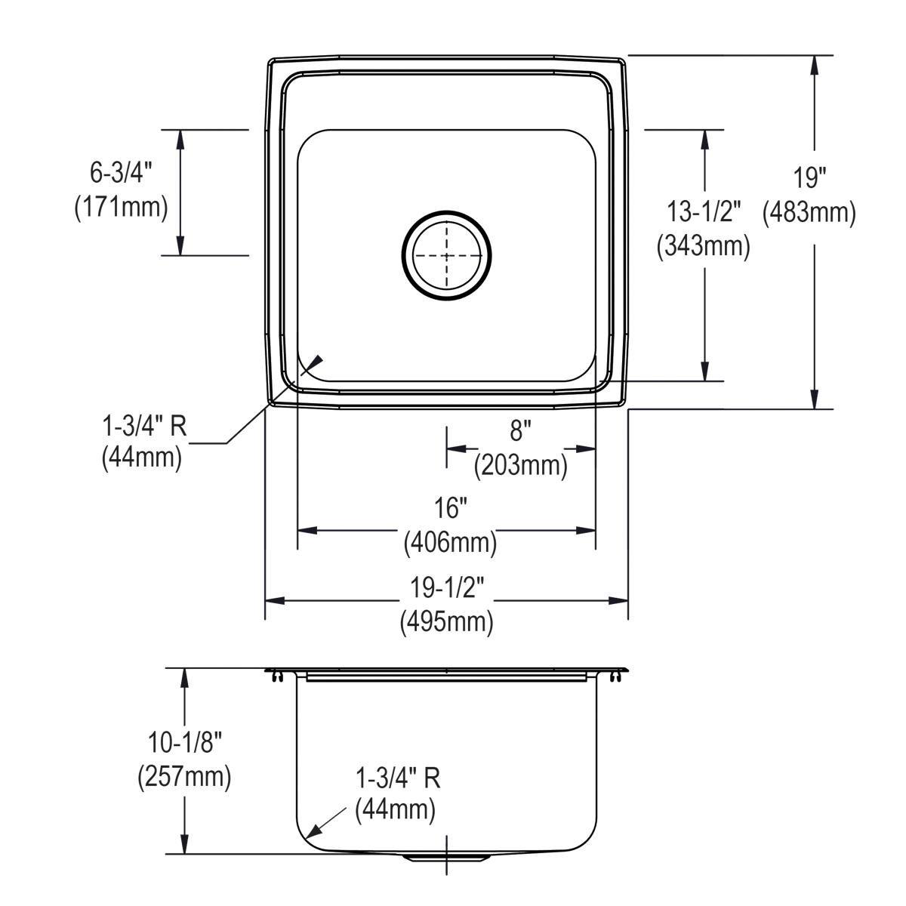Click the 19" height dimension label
(x=809, y=179)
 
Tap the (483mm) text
(x=809, y=213)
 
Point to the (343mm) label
(x=704, y=246)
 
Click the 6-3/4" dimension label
(x=121, y=173)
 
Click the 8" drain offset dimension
(x=520, y=432)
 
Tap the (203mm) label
(x=520, y=466)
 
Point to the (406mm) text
(x=450, y=542)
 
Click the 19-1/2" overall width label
(x=448, y=587)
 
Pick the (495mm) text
(x=447, y=622)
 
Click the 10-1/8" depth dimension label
(x=184, y=743)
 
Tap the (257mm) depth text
(x=184, y=777)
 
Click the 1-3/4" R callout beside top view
(x=143, y=427)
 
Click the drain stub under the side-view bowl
(x=447, y=858)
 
